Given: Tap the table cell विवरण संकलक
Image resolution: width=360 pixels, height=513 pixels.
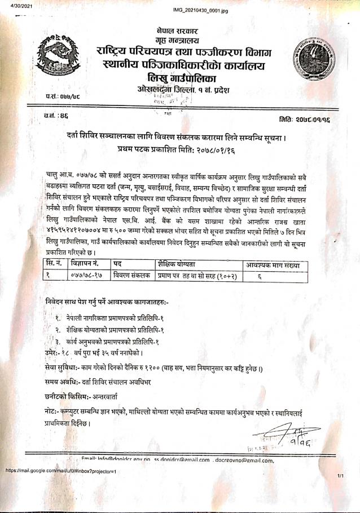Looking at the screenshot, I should [x=131, y=275].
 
